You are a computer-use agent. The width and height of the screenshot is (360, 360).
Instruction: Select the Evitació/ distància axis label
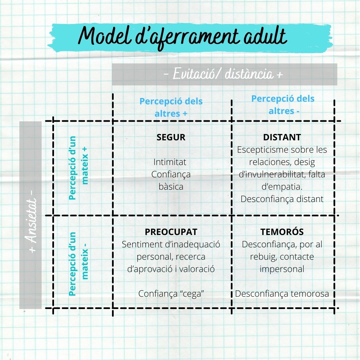point(224,74)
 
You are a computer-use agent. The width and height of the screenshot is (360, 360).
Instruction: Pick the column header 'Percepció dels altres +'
point(171,107)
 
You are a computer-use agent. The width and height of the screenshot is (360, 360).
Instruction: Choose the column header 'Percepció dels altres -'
point(283,105)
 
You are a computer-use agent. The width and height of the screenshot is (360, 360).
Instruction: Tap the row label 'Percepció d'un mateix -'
point(79,264)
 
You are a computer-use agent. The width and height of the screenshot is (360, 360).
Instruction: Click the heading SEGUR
point(171,137)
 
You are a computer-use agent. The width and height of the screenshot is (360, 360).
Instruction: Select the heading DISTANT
point(282,137)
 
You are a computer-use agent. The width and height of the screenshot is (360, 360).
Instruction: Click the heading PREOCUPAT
point(171,232)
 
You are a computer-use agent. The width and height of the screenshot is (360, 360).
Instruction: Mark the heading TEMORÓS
point(282,232)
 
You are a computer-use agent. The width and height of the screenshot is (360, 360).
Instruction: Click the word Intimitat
point(170,162)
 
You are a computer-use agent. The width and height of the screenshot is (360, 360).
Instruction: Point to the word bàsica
point(171,186)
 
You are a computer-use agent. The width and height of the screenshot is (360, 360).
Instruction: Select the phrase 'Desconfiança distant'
point(282,199)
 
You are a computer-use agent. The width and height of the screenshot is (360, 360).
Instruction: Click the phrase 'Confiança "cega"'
point(171,294)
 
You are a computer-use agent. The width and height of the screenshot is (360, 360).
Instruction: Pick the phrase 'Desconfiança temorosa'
point(282,294)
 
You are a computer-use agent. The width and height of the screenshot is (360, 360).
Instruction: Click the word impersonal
point(282,269)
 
